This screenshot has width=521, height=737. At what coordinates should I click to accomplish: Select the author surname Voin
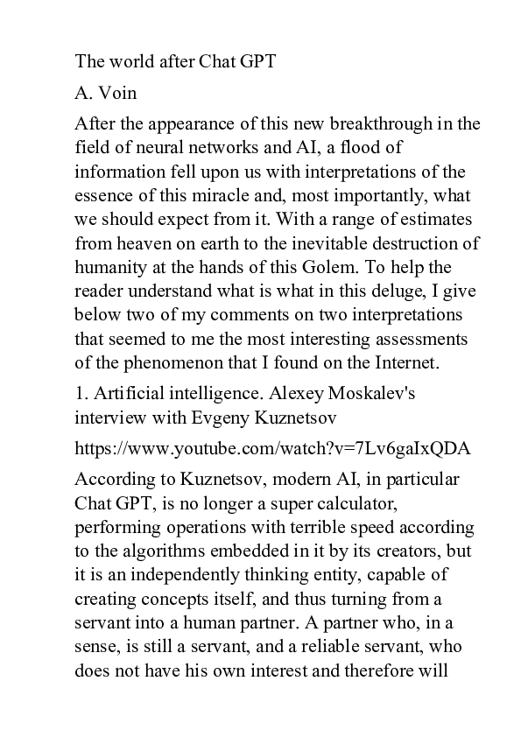point(113,92)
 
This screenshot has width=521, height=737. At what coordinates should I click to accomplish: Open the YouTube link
point(273,449)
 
